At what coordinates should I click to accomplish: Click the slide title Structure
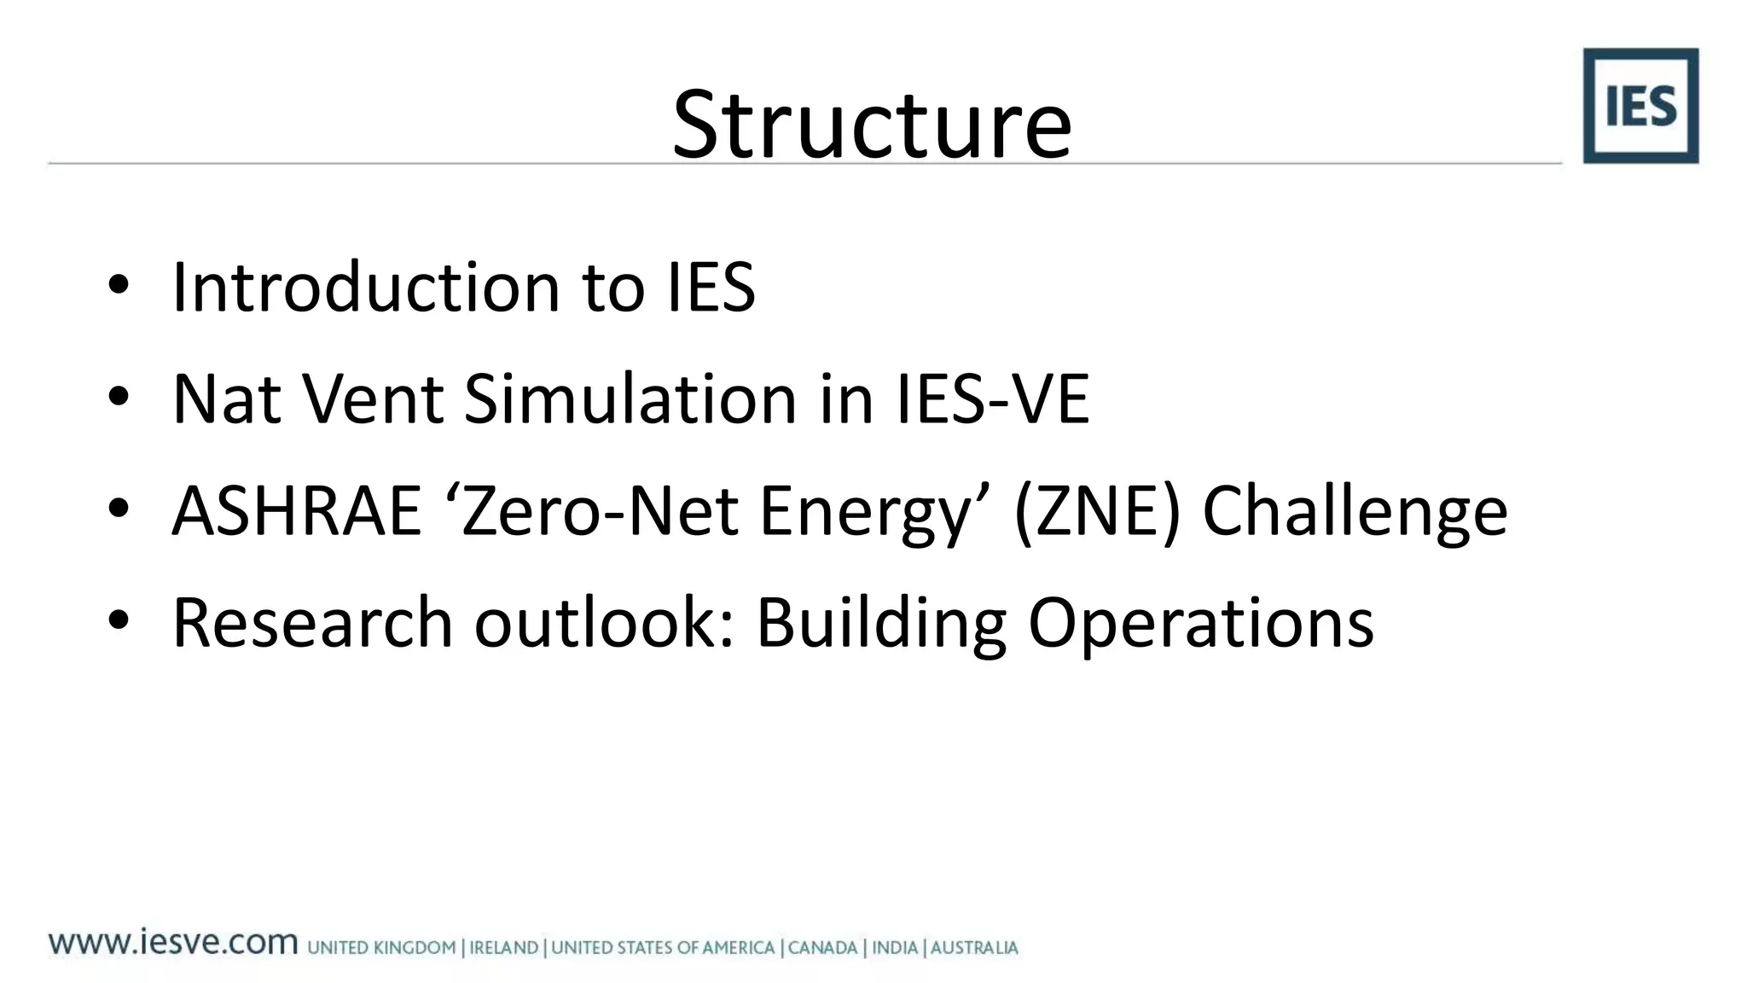[x=872, y=125]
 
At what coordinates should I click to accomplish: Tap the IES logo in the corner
[x=1640, y=106]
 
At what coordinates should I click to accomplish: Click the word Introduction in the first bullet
[x=366, y=287]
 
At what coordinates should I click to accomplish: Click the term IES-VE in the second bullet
[x=992, y=398]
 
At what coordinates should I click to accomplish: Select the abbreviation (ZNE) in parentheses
[x=1097, y=510]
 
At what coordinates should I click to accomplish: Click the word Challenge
[x=1355, y=512]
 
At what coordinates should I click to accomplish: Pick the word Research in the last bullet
[x=312, y=622]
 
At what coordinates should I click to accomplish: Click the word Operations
[x=1201, y=624]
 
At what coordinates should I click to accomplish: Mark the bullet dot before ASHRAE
[x=119, y=509]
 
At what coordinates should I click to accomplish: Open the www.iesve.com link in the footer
[x=173, y=943]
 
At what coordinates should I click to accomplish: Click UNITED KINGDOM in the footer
[x=381, y=948]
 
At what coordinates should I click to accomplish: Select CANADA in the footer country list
[x=822, y=948]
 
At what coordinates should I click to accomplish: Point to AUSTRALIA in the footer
[x=974, y=948]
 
